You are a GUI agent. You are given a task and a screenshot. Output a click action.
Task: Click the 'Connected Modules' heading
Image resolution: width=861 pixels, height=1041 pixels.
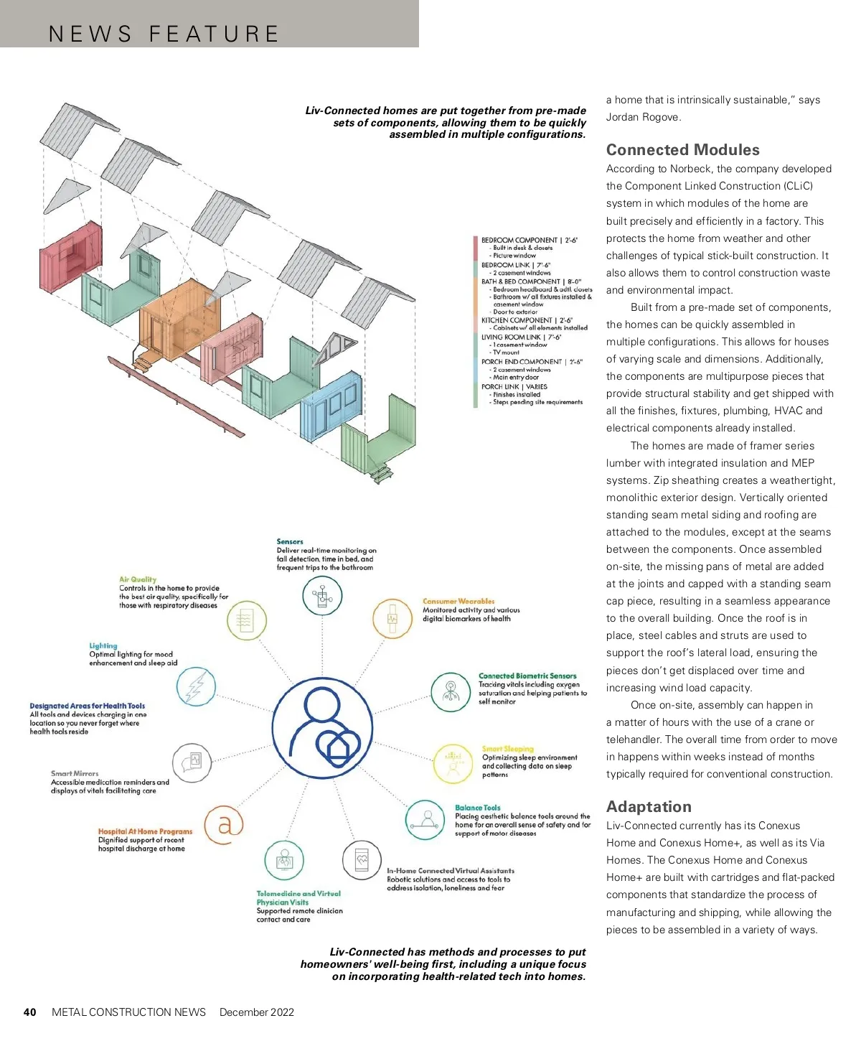pos(682,150)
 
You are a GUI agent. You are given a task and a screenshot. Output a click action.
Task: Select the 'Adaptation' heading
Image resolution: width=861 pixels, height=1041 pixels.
pos(649,807)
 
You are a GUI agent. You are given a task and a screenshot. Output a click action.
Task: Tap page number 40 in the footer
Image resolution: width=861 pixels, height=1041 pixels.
pos(29,1012)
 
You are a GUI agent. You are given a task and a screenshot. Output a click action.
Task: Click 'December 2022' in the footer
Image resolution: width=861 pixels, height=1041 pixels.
pos(257,1012)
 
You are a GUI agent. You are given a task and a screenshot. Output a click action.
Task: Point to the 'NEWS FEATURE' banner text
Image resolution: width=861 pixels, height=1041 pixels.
pos(164,34)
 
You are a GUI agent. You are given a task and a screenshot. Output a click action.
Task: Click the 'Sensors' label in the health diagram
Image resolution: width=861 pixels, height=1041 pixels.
pos(290,542)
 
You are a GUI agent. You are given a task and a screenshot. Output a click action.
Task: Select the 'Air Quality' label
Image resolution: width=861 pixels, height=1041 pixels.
pos(138,579)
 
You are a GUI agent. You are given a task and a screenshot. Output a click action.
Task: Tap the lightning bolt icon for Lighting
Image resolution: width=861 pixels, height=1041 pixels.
pos(196,687)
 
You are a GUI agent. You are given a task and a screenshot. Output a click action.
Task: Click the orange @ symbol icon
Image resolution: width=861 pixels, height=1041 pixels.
pos(225,826)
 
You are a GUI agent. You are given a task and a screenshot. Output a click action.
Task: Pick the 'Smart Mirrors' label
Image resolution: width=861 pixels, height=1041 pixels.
pos(75,774)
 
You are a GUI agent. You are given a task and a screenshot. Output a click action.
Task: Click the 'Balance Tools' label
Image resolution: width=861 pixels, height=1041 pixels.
pos(477,808)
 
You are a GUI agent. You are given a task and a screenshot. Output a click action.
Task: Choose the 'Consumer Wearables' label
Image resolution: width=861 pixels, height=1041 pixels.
pos(458,602)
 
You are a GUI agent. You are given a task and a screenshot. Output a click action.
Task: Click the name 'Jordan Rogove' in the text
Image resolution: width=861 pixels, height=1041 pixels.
pos(643,117)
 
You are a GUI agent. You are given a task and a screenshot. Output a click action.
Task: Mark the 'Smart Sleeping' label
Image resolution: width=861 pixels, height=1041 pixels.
pos(507,749)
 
